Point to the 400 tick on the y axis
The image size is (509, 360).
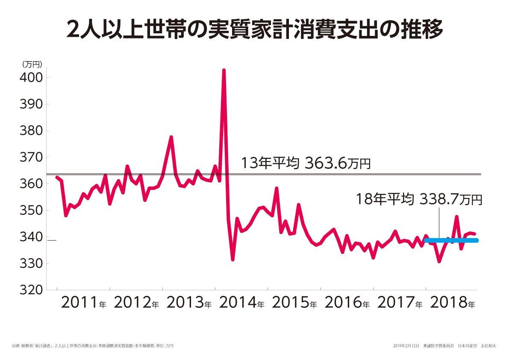31,78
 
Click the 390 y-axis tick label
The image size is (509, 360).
31,104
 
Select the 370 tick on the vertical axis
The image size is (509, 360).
31,157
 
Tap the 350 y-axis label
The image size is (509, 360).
31,210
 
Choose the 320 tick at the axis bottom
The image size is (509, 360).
31,290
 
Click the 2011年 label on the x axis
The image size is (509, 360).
84,303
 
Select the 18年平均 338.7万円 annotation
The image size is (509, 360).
419,199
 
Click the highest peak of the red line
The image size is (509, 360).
224,70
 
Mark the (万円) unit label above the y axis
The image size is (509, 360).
31,65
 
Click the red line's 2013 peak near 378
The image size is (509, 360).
171,137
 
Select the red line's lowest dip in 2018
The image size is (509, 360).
439,261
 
